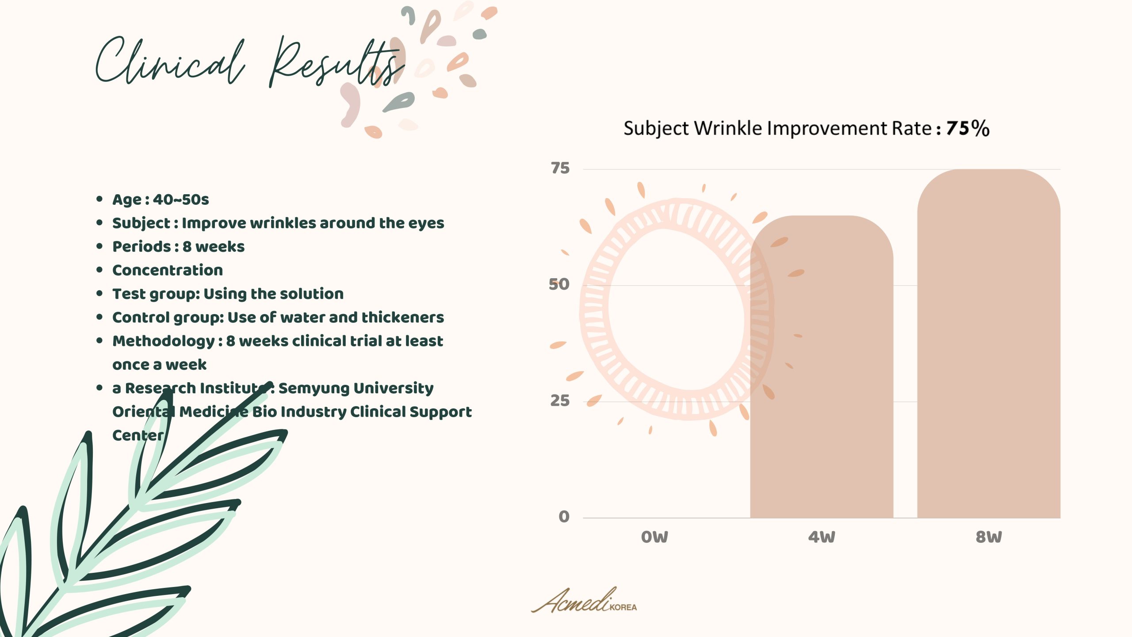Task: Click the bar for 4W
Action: click(822, 367)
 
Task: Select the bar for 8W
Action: click(989, 343)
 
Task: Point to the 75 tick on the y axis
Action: click(560, 168)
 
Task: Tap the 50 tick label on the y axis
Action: click(559, 284)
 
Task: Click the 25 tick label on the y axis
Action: click(560, 401)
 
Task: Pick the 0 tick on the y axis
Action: click(564, 517)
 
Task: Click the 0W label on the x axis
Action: click(654, 537)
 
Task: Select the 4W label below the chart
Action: click(822, 537)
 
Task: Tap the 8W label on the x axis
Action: click(989, 537)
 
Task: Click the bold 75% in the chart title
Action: click(968, 128)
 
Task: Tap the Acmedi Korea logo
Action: click(584, 600)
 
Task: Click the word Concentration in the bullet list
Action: click(168, 270)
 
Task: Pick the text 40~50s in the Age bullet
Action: click(181, 200)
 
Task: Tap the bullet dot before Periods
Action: click(99, 246)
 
